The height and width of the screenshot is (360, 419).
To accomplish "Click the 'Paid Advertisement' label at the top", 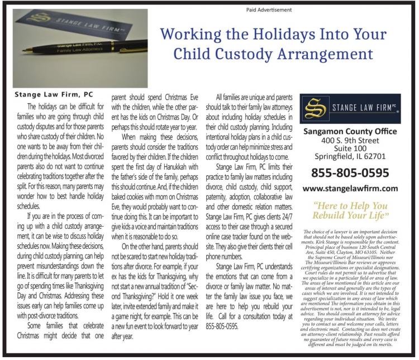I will [x=269, y=9].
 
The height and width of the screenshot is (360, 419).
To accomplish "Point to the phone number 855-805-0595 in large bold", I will [x=350, y=172].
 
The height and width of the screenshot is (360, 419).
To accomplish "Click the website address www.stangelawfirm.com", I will [x=350, y=189].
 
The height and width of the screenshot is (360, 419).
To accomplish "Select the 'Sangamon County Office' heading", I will [x=350, y=132].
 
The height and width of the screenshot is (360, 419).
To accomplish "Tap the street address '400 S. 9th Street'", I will [x=350, y=141].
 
